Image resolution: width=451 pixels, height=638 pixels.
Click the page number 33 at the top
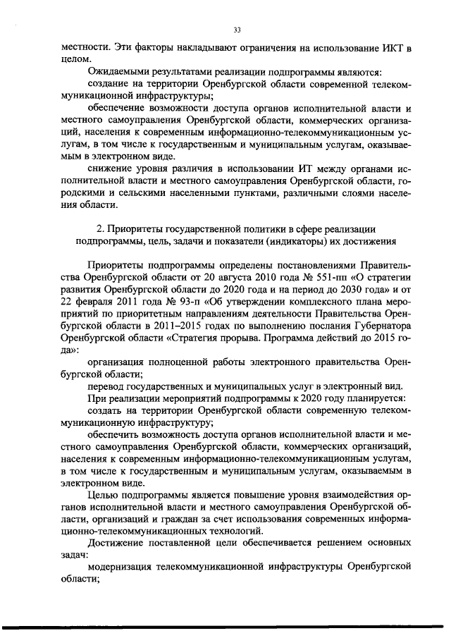coord(237,29)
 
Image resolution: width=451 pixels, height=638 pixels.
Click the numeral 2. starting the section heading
coord(99,229)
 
